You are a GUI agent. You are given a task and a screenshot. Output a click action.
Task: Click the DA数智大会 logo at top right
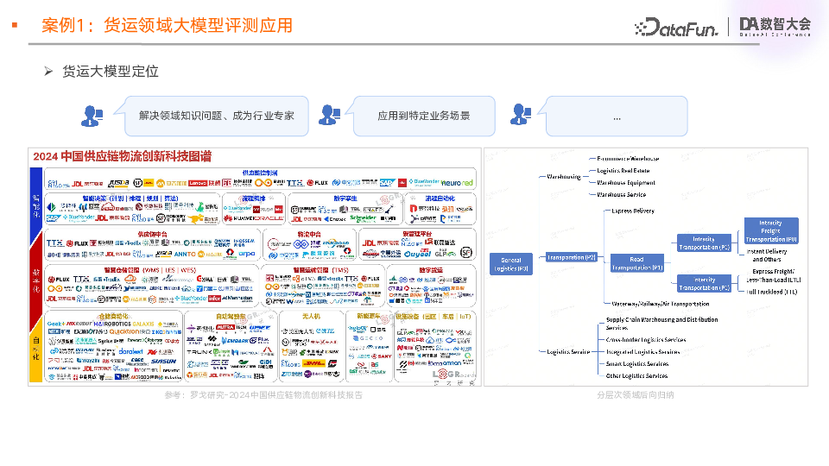775,27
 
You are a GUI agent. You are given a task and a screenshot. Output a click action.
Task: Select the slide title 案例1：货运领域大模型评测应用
167,25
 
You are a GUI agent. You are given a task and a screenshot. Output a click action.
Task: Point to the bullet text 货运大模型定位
111,72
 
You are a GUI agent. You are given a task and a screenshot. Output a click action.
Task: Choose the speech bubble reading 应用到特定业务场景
423,116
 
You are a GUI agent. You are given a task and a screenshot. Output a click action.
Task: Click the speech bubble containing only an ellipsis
617,116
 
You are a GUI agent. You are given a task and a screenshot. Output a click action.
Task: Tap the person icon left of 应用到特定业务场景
329,115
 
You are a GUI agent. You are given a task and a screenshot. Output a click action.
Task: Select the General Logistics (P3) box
510,263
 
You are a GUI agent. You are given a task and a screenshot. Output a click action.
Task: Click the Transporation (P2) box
571,257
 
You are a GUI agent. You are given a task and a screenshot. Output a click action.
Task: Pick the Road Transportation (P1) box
636,263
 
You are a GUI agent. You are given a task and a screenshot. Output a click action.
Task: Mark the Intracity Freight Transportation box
771,230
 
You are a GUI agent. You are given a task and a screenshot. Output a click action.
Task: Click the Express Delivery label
633,211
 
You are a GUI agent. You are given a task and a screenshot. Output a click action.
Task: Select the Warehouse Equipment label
626,182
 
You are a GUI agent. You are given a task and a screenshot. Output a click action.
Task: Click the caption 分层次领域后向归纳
636,394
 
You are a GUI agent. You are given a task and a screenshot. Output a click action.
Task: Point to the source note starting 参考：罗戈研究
263,394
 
